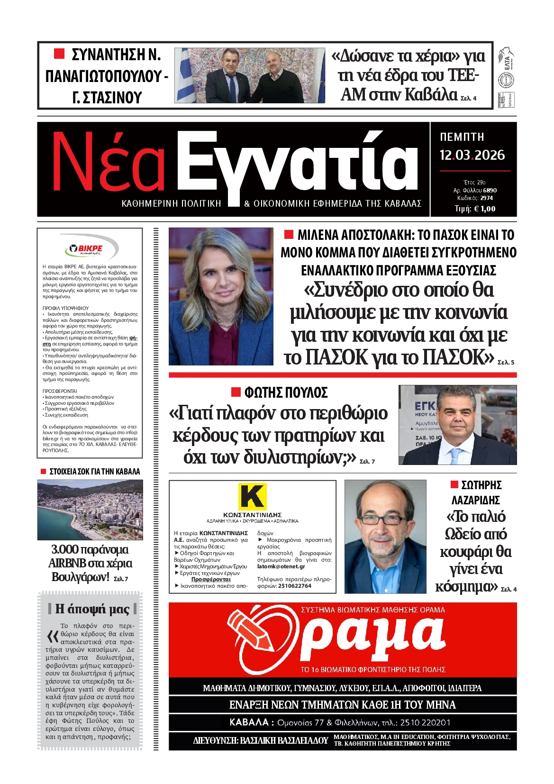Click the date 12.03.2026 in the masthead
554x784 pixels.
[472, 155]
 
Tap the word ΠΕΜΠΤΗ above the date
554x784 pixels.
[462, 137]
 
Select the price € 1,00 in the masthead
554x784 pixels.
[482, 209]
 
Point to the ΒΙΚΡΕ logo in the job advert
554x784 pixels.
[91, 248]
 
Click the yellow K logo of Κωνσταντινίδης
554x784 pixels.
[252, 496]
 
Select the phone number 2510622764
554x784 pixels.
[295, 586]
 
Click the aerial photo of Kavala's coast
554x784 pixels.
[90, 510]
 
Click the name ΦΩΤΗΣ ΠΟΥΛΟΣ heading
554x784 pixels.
[286, 393]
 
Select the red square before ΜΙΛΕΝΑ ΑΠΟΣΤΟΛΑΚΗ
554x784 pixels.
[288, 235]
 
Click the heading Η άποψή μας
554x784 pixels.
[92, 609]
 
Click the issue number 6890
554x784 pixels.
[490, 190]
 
